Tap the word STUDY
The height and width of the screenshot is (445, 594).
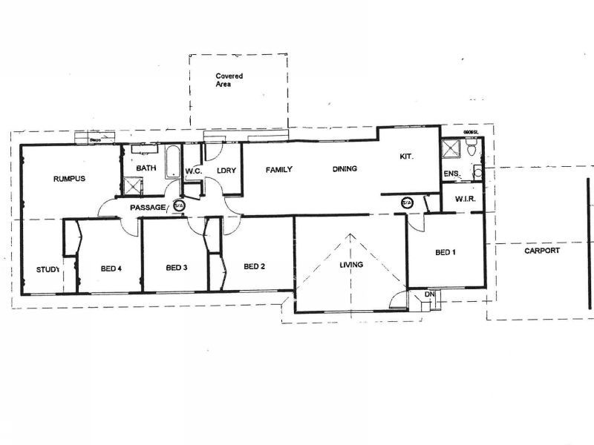tap(48, 269)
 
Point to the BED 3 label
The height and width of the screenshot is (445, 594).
tap(177, 268)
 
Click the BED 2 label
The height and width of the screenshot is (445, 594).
tap(254, 267)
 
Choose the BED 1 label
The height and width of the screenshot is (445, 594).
tap(445, 253)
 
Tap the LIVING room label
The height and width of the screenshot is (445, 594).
tap(351, 265)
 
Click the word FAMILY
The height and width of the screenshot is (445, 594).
tap(279, 170)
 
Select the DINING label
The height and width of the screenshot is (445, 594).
tap(345, 169)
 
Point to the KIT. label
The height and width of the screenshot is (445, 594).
tap(406, 156)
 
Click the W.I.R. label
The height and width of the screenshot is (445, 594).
tap(465, 200)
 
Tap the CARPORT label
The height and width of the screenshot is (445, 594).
tap(542, 251)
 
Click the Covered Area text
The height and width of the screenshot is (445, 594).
tap(229, 80)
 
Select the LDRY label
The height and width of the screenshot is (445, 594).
tap(226, 171)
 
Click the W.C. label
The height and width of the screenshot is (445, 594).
tap(195, 171)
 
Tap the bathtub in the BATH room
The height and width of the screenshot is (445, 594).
tap(170, 162)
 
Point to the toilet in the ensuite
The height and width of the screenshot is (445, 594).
tap(472, 151)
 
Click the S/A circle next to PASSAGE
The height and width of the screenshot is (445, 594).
tap(179, 206)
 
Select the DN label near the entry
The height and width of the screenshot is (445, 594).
tap(429, 295)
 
